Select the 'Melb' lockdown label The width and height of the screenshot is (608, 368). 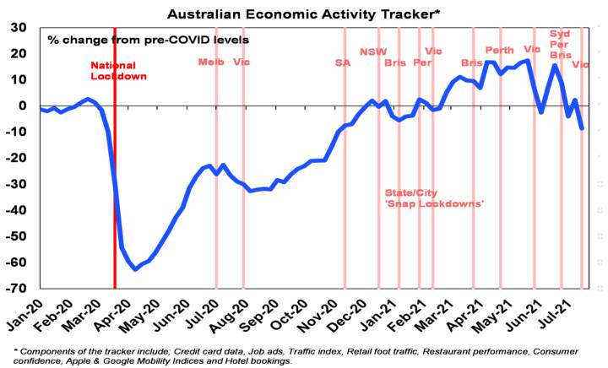(209, 62)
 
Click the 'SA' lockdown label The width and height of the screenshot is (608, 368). (342, 62)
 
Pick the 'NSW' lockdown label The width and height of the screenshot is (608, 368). (373, 51)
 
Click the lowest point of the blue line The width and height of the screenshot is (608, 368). (135, 269)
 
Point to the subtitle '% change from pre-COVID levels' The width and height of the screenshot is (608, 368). (148, 39)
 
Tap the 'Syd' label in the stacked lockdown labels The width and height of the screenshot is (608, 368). (560, 34)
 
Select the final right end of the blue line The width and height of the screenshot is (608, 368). (582, 128)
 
